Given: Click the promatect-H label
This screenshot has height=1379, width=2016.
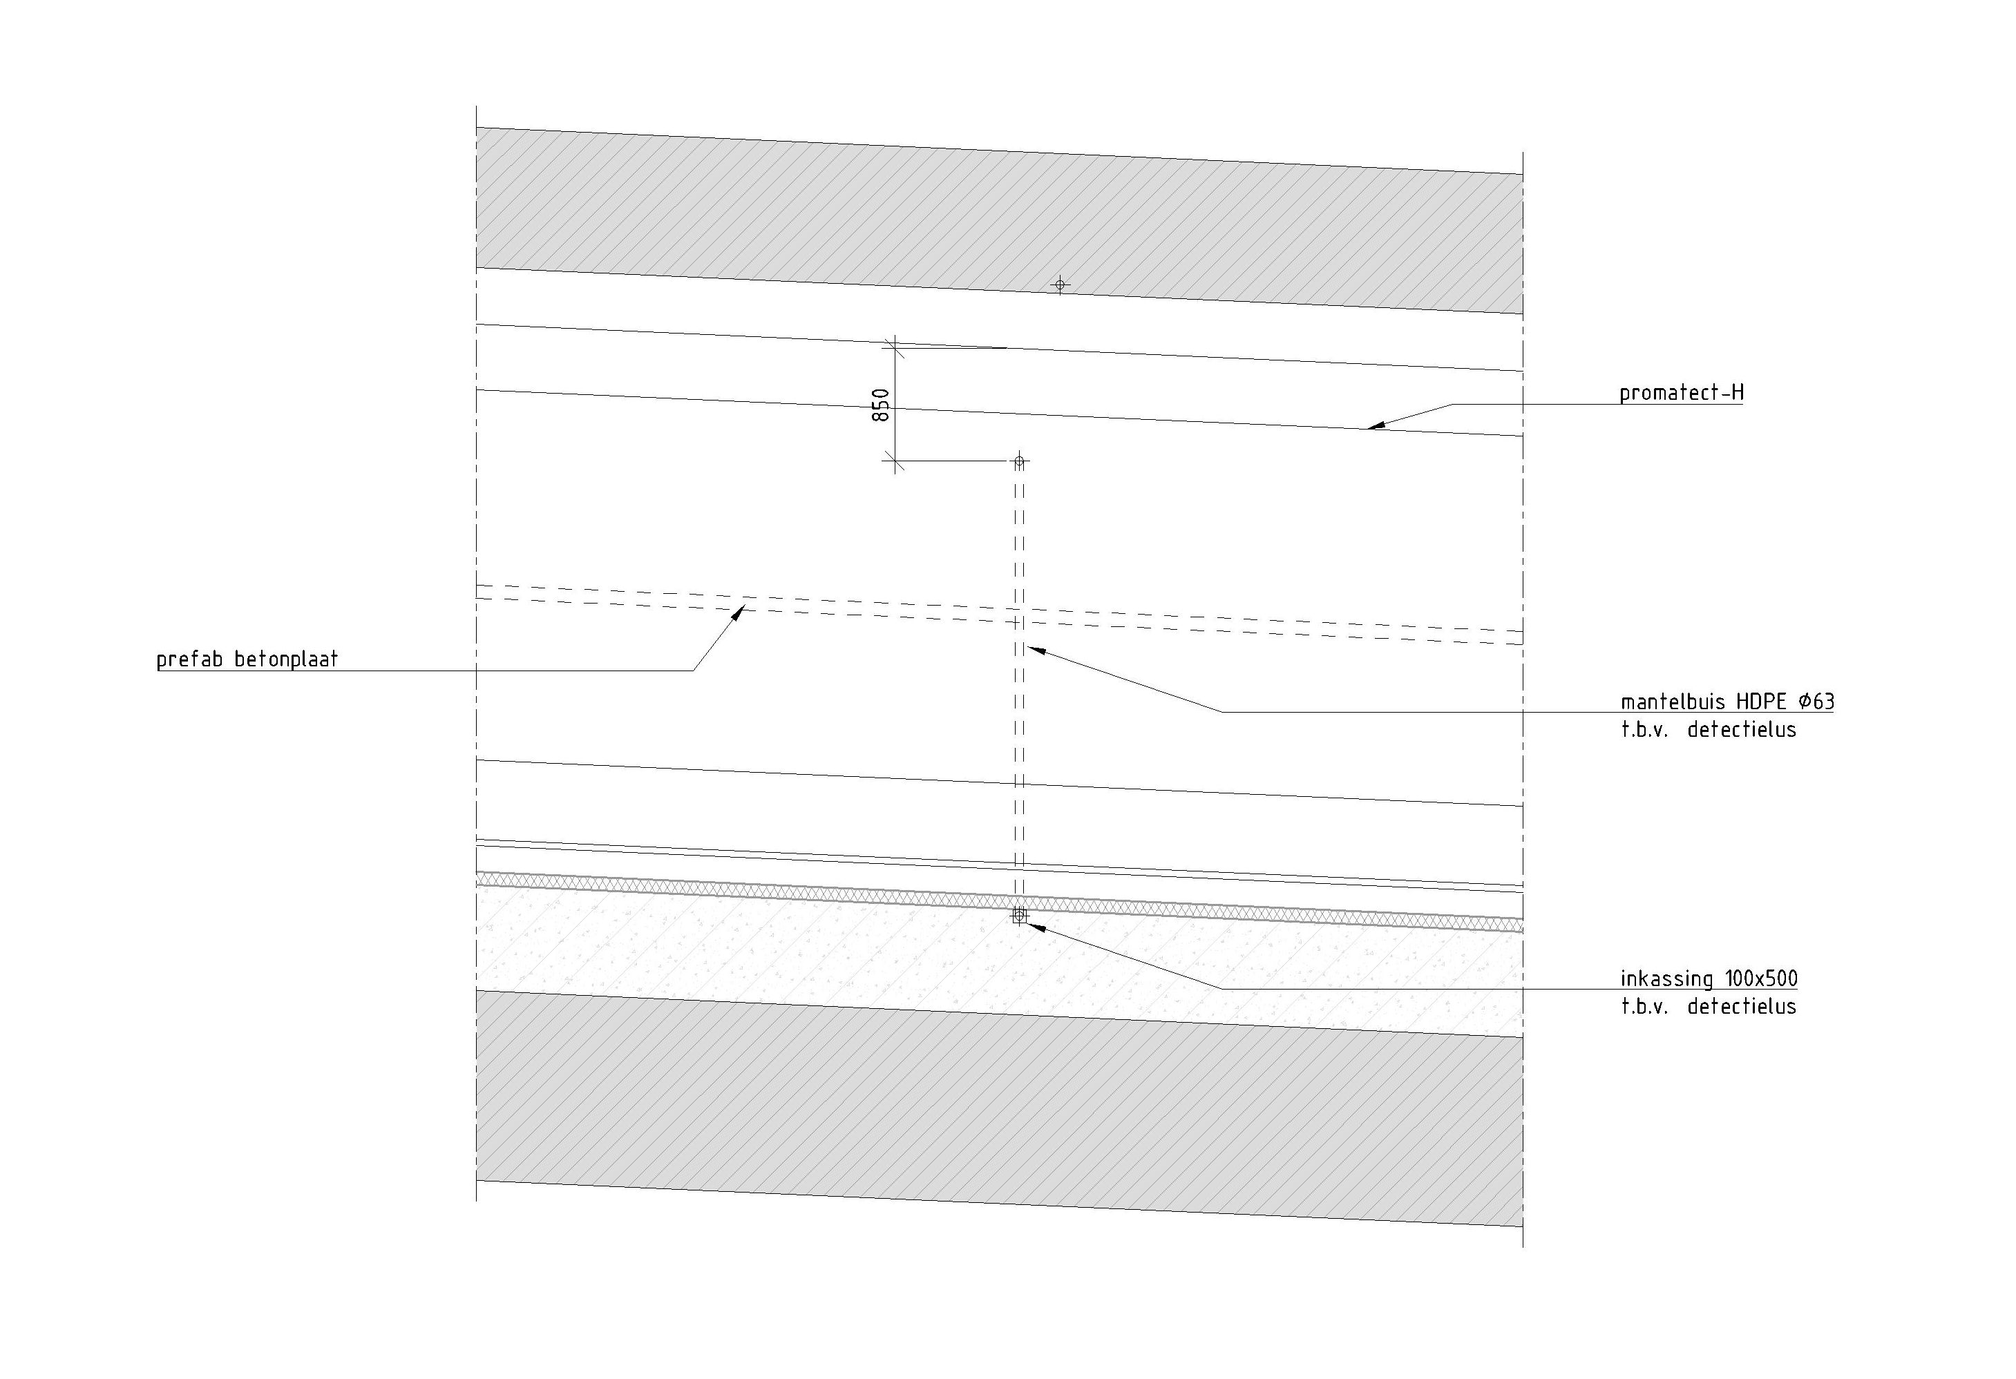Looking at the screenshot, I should click(1681, 393).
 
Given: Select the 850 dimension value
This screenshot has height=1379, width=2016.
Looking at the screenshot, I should click(880, 405).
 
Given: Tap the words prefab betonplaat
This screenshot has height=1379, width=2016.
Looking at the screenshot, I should click(247, 660).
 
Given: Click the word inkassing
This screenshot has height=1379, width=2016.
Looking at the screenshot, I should click(1666, 979).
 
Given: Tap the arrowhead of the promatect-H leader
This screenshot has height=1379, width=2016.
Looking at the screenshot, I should click(1372, 427).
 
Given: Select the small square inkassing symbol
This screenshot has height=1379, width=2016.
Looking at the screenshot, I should click(1019, 916).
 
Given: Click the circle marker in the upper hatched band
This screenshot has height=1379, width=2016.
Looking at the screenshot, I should click(1059, 285).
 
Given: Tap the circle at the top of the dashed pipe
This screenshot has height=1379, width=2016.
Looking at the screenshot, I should click(1019, 461).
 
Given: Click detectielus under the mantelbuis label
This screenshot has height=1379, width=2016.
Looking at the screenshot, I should click(1741, 731).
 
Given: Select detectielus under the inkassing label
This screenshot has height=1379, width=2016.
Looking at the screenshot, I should click(1741, 1007).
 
